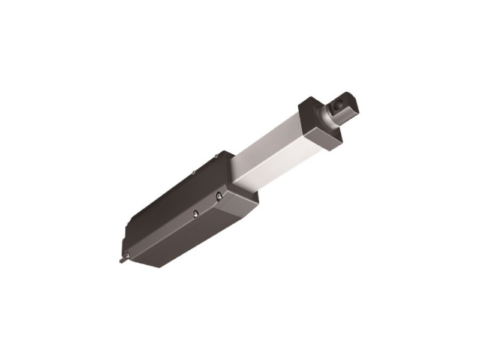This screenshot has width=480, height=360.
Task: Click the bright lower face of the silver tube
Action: pyautogui.click(x=282, y=157)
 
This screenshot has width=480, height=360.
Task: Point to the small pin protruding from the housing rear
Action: pyautogui.click(x=122, y=260)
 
